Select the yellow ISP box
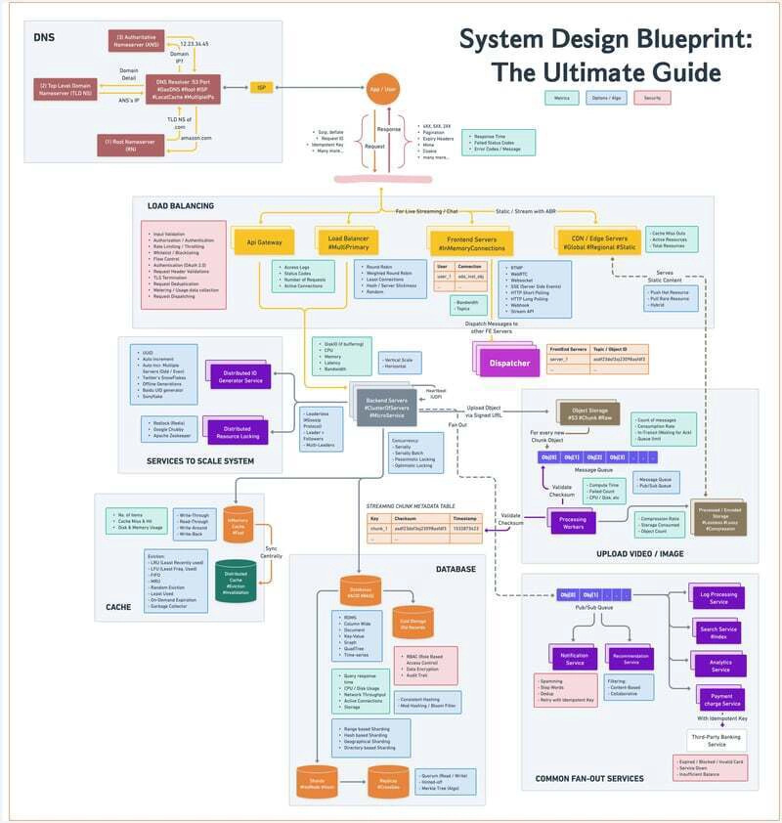261,87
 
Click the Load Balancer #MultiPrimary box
347,240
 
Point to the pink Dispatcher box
510,364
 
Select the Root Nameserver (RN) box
137,144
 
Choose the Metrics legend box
563,98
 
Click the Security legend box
651,98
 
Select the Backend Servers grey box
386,407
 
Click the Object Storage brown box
587,412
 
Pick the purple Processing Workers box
573,523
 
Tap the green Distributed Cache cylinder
236,581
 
